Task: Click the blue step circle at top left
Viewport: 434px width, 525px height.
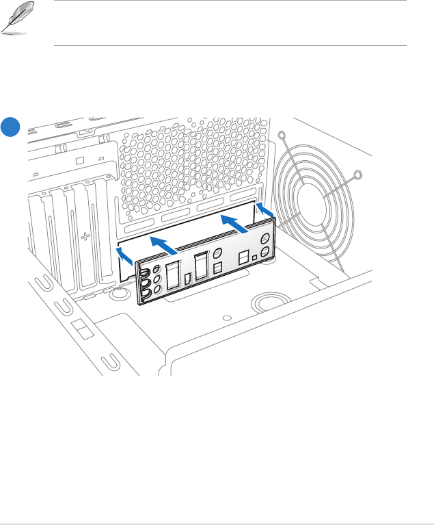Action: point(10,128)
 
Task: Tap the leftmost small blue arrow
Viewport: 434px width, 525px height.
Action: point(124,255)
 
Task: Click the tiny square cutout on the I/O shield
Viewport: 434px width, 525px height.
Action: point(254,257)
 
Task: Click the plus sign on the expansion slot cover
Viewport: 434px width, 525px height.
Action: point(85,238)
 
